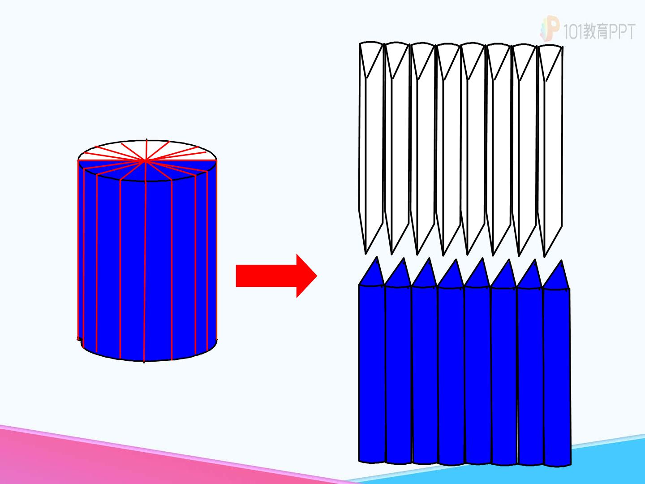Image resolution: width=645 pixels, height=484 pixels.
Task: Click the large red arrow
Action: coord(276,276)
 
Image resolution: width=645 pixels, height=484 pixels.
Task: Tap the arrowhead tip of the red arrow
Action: coord(317,276)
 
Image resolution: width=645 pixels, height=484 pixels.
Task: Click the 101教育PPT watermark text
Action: coord(599,31)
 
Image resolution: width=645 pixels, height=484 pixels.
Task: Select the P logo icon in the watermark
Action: coord(550,28)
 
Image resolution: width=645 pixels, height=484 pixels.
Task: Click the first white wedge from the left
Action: coord(371,147)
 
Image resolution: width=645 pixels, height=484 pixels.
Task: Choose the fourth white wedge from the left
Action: coord(448,149)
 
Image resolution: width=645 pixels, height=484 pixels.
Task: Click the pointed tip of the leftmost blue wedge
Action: coord(377,256)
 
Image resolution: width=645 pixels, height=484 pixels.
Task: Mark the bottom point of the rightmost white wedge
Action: coord(545,257)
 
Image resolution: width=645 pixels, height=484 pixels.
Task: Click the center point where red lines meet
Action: coord(145,160)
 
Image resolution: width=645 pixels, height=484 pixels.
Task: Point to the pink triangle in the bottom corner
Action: coord(117,462)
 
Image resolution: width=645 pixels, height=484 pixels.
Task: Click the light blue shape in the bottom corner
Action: coord(558,467)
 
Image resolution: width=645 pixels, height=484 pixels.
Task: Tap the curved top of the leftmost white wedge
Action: coord(371,43)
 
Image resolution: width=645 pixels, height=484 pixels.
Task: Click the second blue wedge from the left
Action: coord(398,362)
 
